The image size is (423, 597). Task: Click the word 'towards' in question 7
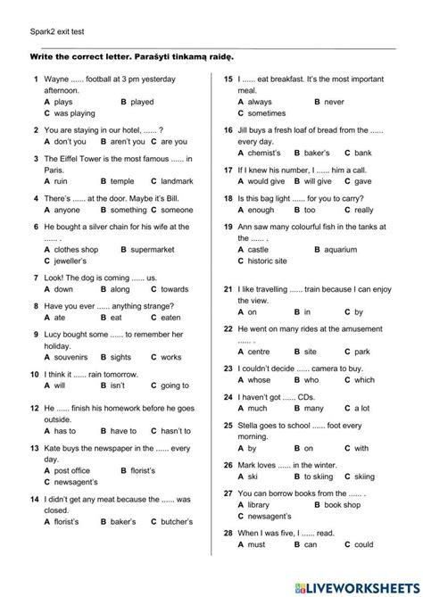tap(176, 289)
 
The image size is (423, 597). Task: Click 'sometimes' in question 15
tap(267, 114)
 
